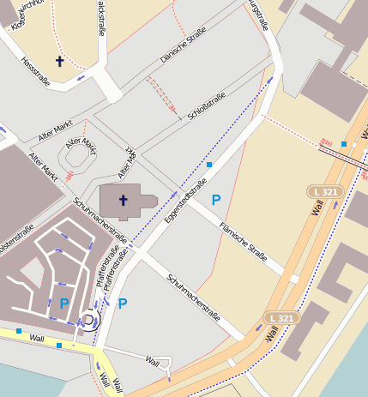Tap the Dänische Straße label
point(185,47)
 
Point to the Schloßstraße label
point(204,107)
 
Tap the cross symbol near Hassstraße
point(60,61)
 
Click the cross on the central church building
point(123,201)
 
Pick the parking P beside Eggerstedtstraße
point(216,199)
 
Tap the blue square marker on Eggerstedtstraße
point(208,163)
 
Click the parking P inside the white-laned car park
point(64,303)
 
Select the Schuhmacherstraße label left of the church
point(101,220)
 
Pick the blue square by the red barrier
point(343,144)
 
